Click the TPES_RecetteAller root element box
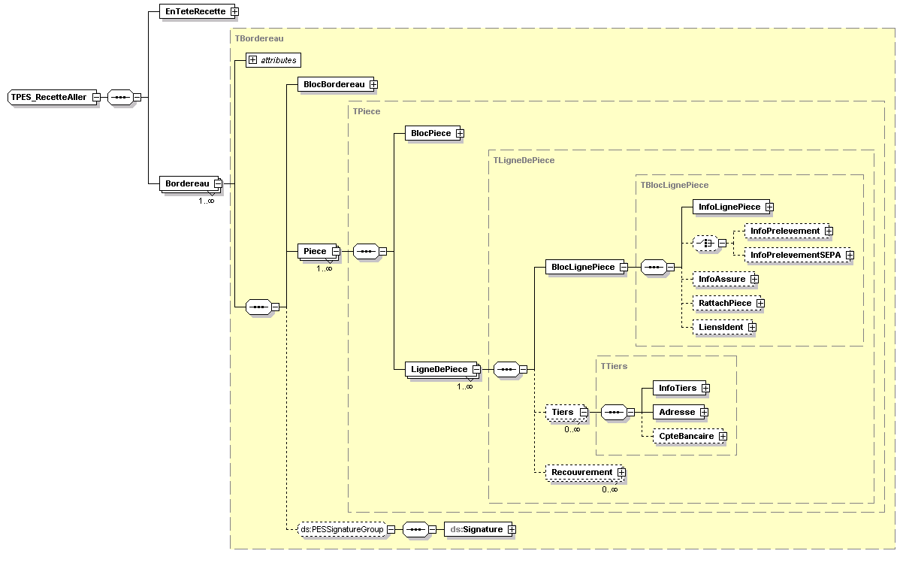click(x=49, y=97)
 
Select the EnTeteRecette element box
click(x=195, y=11)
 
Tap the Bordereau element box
click(x=187, y=183)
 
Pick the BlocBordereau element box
click(x=334, y=85)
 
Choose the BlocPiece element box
click(x=430, y=133)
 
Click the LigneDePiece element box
click(x=439, y=369)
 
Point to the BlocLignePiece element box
click(x=583, y=267)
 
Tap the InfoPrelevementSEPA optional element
click(x=796, y=255)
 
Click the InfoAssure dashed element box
click(x=721, y=279)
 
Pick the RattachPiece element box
click(x=724, y=303)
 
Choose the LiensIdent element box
click(x=720, y=327)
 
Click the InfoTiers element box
click(x=677, y=388)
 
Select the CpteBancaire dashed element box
click(x=686, y=436)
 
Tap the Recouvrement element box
click(x=581, y=472)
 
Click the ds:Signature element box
click(x=476, y=529)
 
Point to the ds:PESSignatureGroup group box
click(x=342, y=529)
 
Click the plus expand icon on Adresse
click(x=704, y=412)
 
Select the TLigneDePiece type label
click(x=523, y=160)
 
